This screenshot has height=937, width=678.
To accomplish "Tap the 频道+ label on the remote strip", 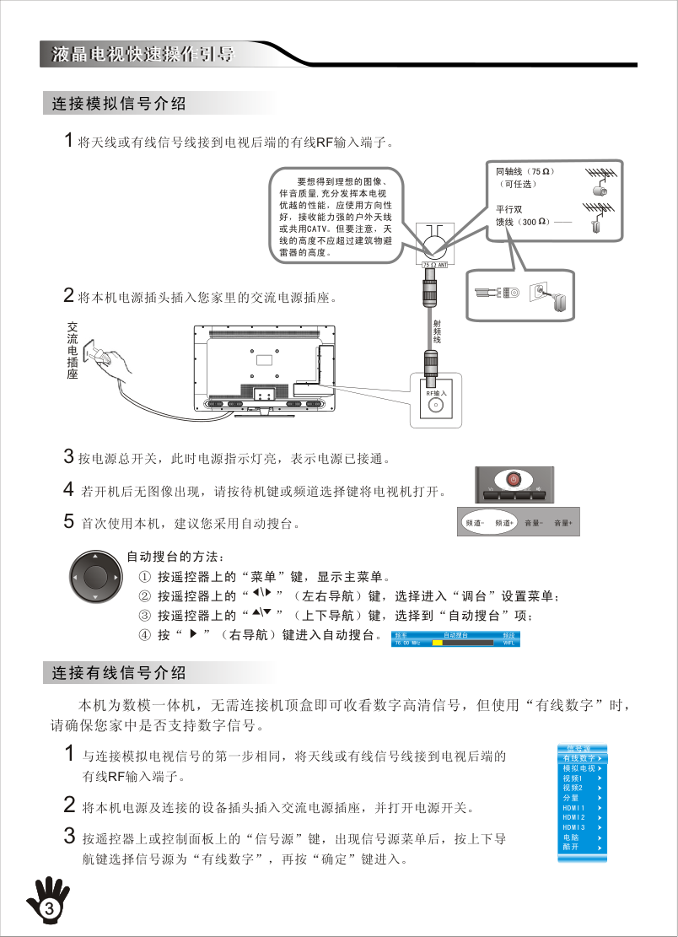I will tap(504, 524).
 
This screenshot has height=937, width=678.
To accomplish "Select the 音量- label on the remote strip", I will tap(533, 524).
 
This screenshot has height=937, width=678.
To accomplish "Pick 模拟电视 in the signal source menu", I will tap(579, 768).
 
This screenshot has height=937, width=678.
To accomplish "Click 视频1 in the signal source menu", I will tap(573, 778).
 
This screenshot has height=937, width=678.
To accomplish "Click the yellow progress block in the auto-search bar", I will tap(438, 643).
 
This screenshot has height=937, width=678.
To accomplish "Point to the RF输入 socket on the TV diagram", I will tap(435, 404).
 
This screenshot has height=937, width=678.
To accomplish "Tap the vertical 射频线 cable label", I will tap(437, 330).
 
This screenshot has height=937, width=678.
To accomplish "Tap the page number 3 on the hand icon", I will tap(49, 908).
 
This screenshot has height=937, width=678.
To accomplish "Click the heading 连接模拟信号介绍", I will tap(119, 105).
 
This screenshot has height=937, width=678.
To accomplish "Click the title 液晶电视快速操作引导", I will tap(143, 55).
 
